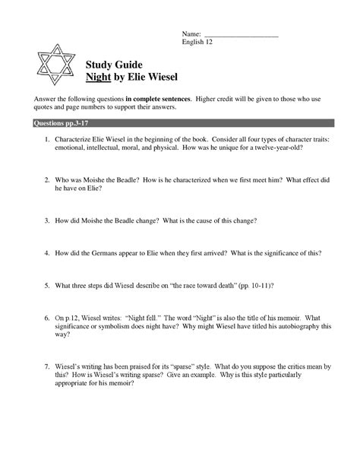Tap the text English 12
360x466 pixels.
point(199,43)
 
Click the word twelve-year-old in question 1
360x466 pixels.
point(274,150)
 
